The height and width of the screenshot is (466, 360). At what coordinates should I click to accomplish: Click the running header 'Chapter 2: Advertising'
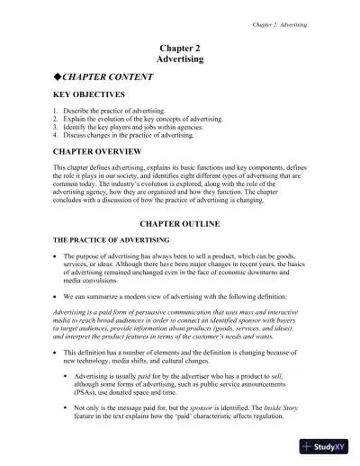tap(280, 25)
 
